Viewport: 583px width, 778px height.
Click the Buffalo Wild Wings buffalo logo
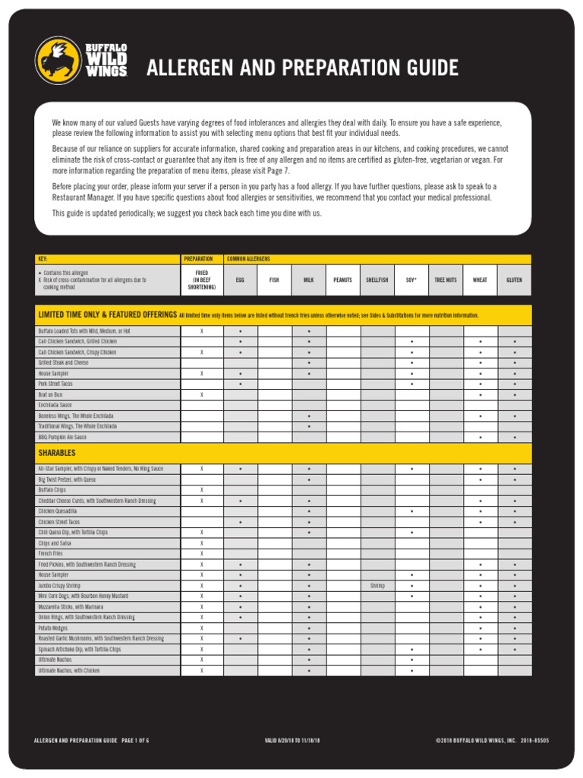click(x=58, y=61)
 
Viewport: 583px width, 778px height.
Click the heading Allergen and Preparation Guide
click(x=302, y=68)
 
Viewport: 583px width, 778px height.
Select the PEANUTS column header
click(x=342, y=280)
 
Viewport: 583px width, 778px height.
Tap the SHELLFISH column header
click(x=377, y=280)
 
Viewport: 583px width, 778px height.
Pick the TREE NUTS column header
click(x=446, y=280)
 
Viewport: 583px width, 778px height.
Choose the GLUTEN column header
click(x=514, y=280)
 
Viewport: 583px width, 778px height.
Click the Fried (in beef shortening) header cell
click(x=202, y=280)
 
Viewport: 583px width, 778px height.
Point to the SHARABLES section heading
click(x=57, y=453)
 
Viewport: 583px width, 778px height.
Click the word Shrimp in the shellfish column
click(x=377, y=586)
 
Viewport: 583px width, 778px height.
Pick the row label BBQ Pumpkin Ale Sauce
click(x=62, y=438)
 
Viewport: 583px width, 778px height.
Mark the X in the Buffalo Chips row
click(x=202, y=490)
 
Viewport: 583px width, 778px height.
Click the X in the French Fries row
click(x=202, y=554)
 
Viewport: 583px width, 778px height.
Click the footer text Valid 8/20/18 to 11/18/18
click(x=292, y=739)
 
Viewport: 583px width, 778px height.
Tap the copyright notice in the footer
click(x=492, y=739)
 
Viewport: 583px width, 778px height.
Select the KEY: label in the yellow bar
click(x=43, y=259)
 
